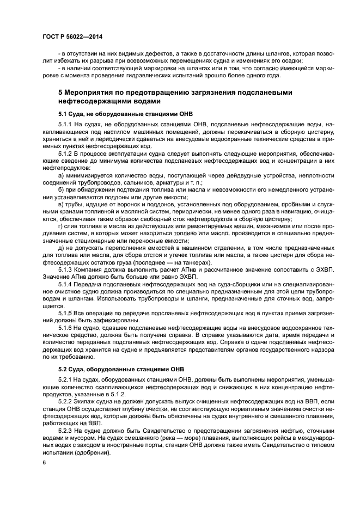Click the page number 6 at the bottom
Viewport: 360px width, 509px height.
[44, 462]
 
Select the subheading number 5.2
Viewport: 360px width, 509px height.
[64, 371]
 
